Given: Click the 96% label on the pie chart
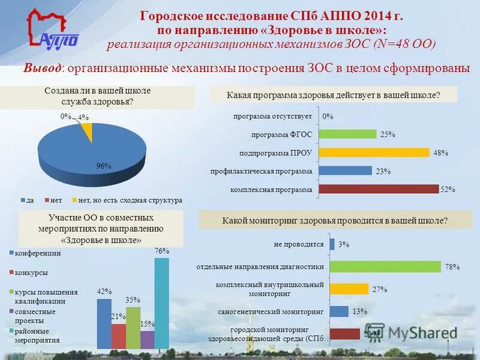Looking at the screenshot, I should click(x=104, y=166).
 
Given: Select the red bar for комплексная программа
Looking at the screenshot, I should click(x=378, y=190).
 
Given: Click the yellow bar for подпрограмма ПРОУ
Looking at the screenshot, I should click(x=374, y=152).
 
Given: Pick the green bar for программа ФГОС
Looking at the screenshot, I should click(x=347, y=134).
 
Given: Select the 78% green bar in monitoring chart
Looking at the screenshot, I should click(x=386, y=267).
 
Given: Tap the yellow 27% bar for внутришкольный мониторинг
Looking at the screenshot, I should click(x=348, y=289).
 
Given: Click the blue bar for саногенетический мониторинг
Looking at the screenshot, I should click(x=338, y=311).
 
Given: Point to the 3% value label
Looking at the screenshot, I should click(x=343, y=245).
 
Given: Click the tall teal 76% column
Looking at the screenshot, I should click(x=161, y=303).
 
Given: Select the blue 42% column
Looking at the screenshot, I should click(x=104, y=323).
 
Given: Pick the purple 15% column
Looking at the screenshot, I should click(x=147, y=339).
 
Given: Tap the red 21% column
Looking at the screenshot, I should click(x=119, y=336).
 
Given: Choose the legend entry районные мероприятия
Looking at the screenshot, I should click(x=37, y=335).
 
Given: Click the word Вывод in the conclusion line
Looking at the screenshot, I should click(x=42, y=68).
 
